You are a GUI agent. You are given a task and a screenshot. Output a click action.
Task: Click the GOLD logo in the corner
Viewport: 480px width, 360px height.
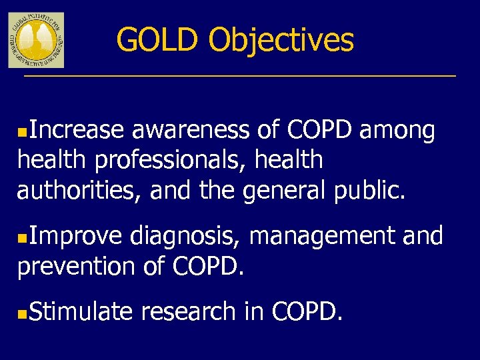pyautogui.click(x=36, y=40)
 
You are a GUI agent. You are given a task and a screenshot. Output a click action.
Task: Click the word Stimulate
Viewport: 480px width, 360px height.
pyautogui.click(x=81, y=311)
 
